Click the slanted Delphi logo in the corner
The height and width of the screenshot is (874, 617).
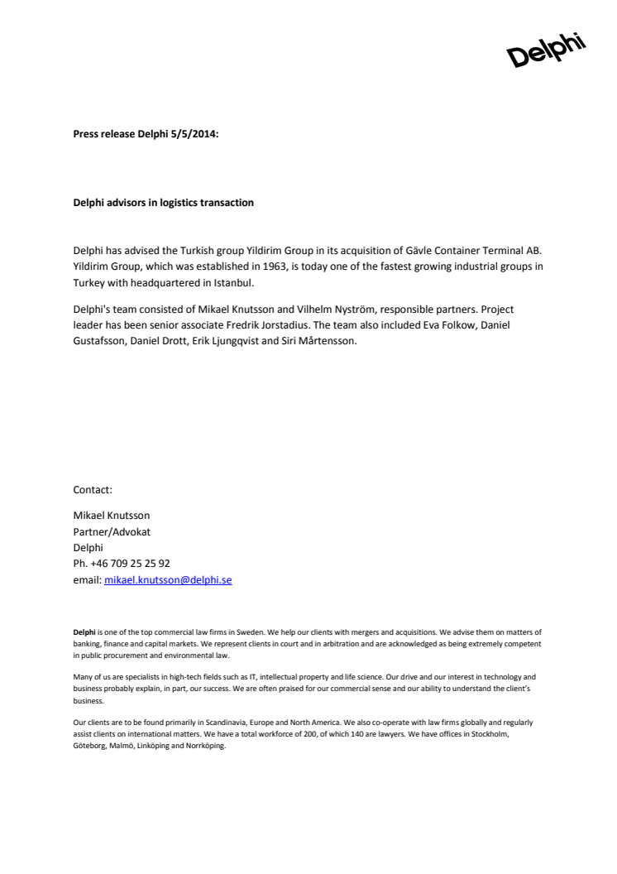[546, 50]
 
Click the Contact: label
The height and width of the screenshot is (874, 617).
[93, 490]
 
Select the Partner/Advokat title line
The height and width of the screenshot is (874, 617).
[112, 531]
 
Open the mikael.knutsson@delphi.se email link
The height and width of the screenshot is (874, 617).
[168, 580]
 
